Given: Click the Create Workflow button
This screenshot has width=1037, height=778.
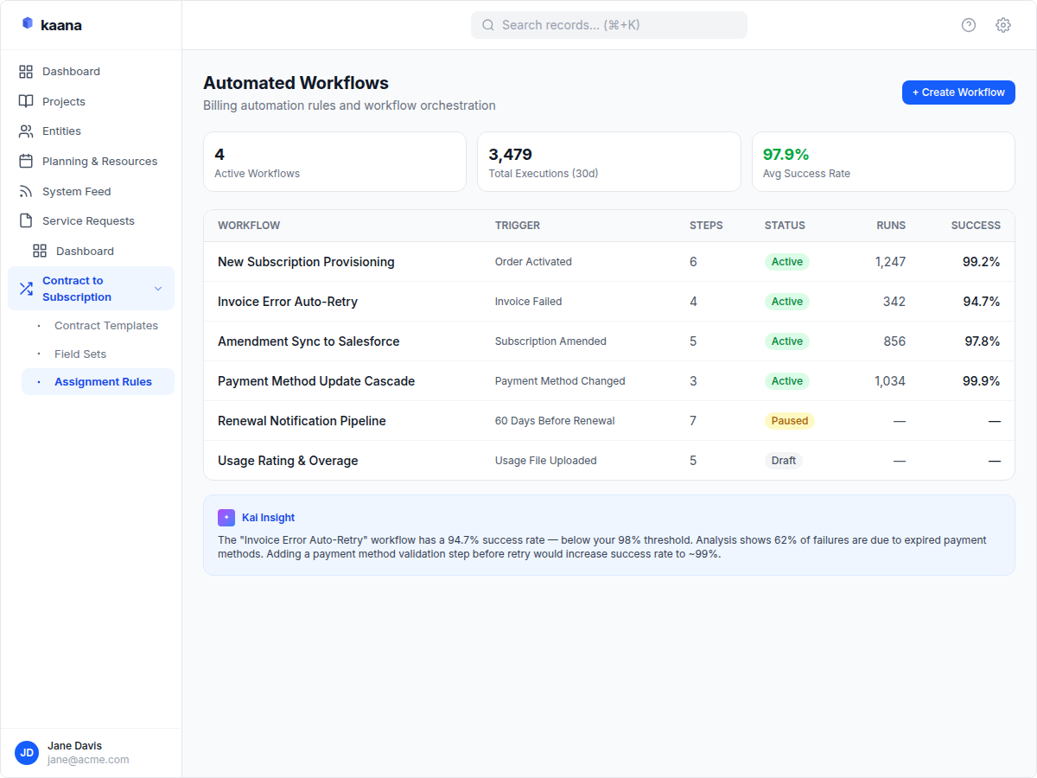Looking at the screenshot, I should (x=957, y=92).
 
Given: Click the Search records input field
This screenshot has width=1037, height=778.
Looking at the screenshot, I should (x=609, y=25).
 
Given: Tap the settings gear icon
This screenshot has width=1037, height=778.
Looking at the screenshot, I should (x=1002, y=25).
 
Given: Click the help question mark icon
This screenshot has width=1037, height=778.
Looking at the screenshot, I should (x=969, y=25).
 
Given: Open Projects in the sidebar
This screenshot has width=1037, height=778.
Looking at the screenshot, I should (x=64, y=101).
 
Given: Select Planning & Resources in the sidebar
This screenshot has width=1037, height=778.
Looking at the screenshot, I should (x=99, y=162).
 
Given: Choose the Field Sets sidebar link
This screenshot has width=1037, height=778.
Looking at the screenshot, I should (x=80, y=354).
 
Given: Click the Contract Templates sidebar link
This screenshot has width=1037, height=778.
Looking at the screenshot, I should (x=106, y=326).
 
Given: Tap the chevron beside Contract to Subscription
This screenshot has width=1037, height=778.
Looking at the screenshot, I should (x=158, y=289).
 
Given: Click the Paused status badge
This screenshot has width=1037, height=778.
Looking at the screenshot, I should (x=789, y=421).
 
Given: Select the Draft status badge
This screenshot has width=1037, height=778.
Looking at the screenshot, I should (x=783, y=461).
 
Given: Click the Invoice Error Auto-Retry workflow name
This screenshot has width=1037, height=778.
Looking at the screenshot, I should (x=288, y=302).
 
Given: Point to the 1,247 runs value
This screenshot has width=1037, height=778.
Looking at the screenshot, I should (x=889, y=262).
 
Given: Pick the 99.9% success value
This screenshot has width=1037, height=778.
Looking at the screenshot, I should (x=981, y=381).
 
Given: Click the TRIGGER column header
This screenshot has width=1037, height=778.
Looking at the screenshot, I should (x=517, y=226).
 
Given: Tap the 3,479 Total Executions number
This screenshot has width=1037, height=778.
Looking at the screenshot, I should (x=510, y=155).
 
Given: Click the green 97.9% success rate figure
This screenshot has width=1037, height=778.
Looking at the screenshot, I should (x=786, y=155).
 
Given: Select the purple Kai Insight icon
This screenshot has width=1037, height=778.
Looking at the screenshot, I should (x=226, y=518).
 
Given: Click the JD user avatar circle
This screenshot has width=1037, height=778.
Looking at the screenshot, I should (x=28, y=753).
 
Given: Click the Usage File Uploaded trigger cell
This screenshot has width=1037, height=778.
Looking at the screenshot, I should (x=545, y=461).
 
